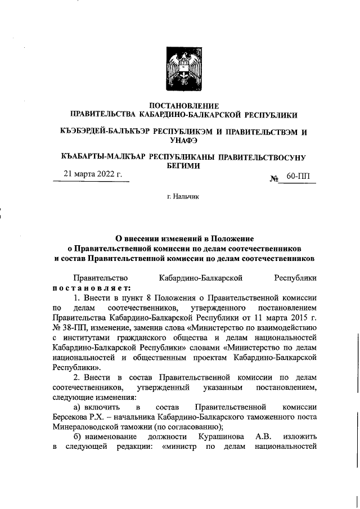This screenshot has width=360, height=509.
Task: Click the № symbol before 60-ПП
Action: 276,178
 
